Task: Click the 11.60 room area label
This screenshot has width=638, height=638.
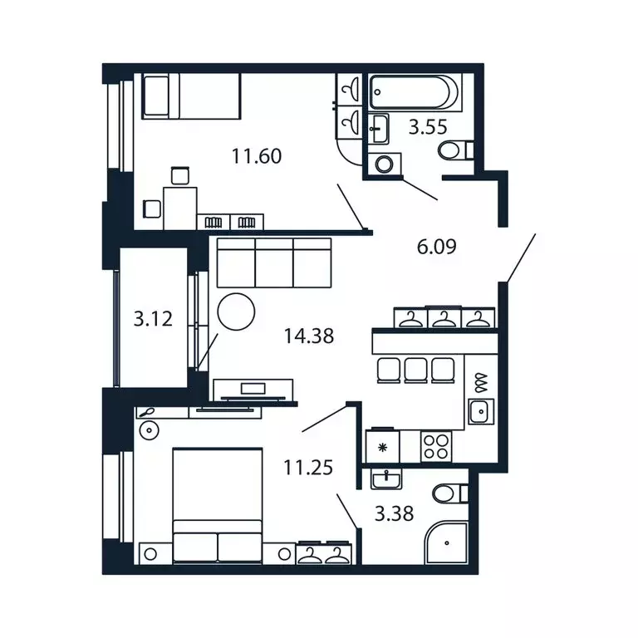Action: tap(257, 155)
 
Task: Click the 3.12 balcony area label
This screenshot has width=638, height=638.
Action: tap(154, 317)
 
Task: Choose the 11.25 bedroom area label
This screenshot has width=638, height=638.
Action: tap(308, 468)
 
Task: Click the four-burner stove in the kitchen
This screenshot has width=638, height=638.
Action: tap(435, 447)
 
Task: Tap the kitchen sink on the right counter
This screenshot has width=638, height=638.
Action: tap(481, 410)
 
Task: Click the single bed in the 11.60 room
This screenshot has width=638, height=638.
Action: tap(191, 96)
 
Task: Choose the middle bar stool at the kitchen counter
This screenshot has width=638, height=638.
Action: tap(415, 370)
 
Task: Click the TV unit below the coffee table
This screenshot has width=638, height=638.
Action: tap(254, 390)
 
